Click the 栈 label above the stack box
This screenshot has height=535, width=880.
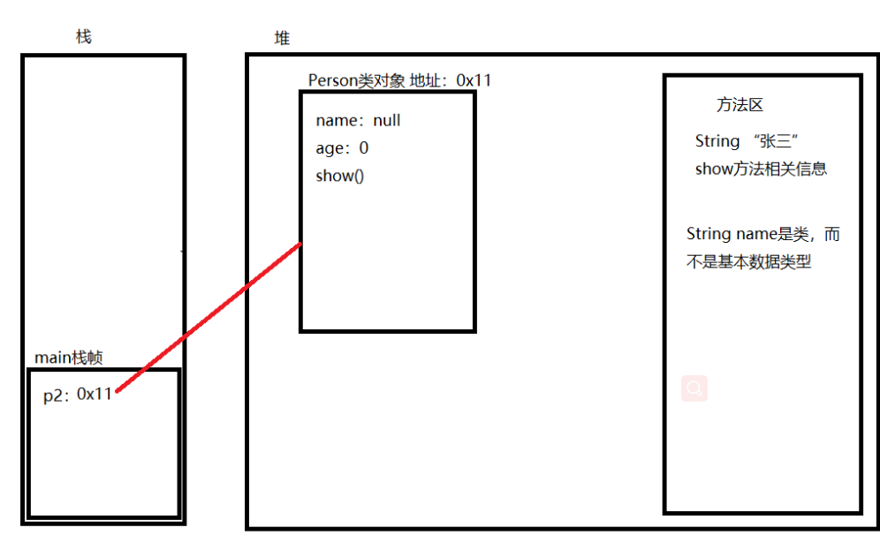pos(84,37)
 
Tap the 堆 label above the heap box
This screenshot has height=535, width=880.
pos(282,39)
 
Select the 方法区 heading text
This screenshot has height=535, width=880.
pos(740,105)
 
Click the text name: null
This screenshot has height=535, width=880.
pos(358,121)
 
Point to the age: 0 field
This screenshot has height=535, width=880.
pos(342,148)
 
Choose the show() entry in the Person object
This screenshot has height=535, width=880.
pos(340,176)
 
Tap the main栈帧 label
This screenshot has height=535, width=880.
pos(68,358)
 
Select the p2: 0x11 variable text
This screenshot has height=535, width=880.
pos(78,395)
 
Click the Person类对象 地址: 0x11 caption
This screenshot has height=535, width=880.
pos(399,80)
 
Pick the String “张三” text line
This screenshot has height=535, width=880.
pos(747,141)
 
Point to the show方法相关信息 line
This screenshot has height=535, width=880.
pos(761,170)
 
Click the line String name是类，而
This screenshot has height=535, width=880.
pos(762,235)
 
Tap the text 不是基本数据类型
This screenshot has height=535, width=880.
pos(748,261)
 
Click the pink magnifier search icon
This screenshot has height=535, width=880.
pos(694,388)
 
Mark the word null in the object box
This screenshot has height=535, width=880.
pos(387,121)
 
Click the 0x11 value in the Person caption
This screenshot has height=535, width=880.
pos(474,80)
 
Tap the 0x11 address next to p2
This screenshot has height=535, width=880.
pos(95,395)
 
